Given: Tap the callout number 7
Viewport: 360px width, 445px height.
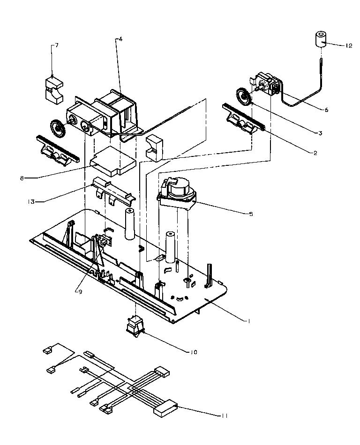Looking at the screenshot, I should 57,45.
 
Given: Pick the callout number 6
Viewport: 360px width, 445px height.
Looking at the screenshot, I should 326,110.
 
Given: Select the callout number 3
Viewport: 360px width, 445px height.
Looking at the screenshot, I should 319,133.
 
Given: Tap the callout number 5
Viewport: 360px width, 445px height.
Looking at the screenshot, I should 251,214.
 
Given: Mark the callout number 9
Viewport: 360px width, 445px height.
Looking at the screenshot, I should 80,291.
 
